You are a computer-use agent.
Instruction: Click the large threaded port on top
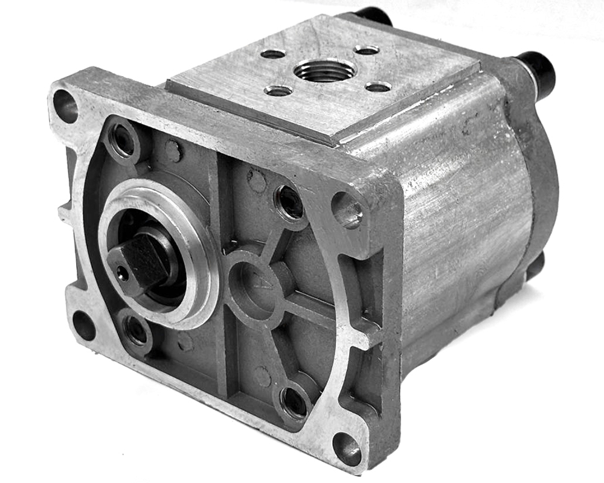coord(324,71)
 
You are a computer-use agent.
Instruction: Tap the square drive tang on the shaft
coord(140,261)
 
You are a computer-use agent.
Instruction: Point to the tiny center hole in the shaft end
coord(123,275)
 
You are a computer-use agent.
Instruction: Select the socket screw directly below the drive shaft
coord(134,330)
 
